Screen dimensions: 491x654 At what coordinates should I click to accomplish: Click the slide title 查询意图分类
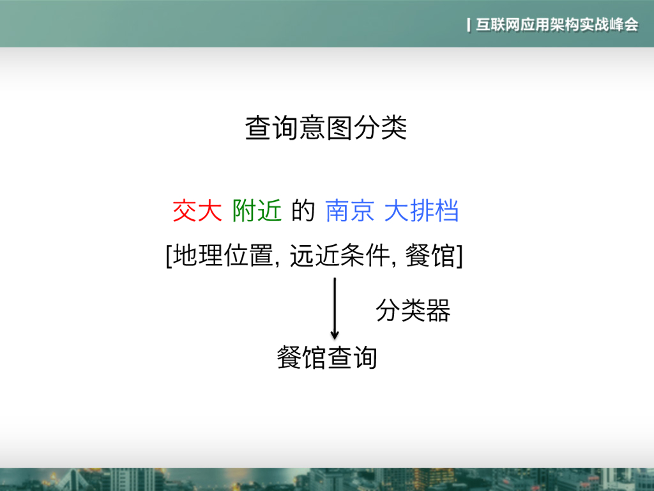326,129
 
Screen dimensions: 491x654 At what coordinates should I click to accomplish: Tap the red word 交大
197,211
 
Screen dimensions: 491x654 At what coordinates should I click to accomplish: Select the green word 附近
257,211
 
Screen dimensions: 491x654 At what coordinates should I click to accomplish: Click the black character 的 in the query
303,211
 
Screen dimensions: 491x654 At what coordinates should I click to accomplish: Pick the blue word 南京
349,211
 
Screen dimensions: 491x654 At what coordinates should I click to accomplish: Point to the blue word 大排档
422,211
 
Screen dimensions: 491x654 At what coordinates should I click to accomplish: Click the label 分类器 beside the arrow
413,311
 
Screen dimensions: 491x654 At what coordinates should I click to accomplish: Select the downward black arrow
334,307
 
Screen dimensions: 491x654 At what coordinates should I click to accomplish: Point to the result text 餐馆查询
326,357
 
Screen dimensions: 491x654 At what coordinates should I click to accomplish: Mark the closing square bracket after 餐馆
460,257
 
